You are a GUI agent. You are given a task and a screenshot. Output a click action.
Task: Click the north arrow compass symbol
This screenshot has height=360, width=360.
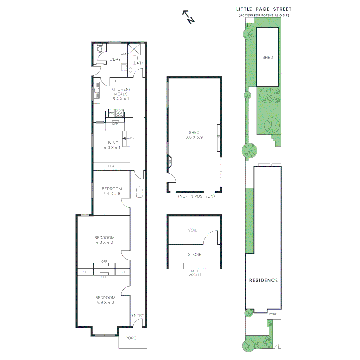tap(188, 17)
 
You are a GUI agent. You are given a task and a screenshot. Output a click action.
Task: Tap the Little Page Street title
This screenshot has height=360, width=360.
tap(263, 9)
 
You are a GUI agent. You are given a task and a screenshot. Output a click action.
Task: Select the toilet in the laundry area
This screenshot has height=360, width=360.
tap(99, 49)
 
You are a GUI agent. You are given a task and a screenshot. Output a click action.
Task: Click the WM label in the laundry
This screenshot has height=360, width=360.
tap(123, 54)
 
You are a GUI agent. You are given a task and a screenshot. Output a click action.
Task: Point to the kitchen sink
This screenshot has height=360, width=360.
tap(97, 90)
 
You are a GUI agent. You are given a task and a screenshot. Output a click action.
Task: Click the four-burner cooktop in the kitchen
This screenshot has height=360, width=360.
tap(119, 113)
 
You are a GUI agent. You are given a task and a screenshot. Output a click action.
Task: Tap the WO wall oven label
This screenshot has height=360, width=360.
tap(111, 114)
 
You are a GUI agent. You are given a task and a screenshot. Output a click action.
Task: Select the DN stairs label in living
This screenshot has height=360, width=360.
tap(132, 138)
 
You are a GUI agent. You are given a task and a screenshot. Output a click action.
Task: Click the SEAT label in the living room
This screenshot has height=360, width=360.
tap(112, 166)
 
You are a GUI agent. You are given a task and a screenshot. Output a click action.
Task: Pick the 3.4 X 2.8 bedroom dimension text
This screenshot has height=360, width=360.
tap(112, 194)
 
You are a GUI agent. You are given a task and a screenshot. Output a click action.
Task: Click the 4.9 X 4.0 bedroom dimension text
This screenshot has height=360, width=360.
tap(105, 303)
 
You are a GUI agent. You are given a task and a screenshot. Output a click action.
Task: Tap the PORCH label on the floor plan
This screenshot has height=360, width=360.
tap(132, 338)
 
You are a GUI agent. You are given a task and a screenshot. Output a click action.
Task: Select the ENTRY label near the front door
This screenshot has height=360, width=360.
tap(138, 316)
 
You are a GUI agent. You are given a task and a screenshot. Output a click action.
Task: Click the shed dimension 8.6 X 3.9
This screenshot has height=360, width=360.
tap(194, 137)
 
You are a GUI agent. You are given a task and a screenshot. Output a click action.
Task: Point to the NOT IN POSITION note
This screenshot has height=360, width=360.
tap(196, 196)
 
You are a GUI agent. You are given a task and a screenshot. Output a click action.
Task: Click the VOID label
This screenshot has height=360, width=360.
tap(193, 230)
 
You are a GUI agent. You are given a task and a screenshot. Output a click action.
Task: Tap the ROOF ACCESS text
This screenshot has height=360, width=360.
tap(195, 273)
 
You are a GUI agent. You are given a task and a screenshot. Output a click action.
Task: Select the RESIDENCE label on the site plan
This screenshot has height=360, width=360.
tap(263, 280)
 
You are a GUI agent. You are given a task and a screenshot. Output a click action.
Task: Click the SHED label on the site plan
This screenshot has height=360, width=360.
tap(267, 57)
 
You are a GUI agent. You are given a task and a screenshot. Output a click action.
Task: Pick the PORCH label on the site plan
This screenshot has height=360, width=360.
tap(274, 314)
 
